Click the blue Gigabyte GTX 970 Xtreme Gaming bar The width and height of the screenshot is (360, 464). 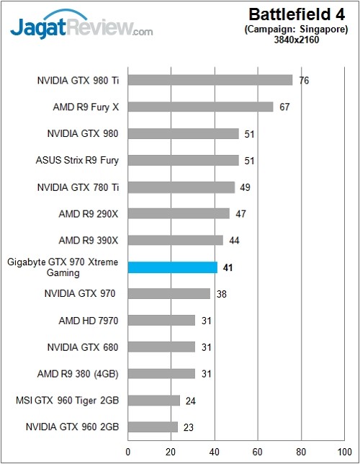click(172, 267)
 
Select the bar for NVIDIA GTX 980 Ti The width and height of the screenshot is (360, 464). click(210, 80)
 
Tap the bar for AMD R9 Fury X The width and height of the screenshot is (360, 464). click(200, 107)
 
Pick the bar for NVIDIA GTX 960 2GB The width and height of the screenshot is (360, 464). click(153, 427)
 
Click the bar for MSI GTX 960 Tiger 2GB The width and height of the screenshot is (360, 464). click(153, 400)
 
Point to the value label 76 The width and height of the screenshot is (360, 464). click(304, 80)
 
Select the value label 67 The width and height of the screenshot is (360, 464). click(284, 107)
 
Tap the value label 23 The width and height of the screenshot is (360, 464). click(189, 427)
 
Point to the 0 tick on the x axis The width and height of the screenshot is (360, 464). click(127, 452)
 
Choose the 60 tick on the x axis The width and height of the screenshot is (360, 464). click(258, 452)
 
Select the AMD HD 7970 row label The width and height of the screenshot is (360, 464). click(89, 320)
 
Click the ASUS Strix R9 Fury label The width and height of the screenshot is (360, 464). click(77, 160)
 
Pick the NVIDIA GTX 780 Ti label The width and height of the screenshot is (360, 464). click(78, 187)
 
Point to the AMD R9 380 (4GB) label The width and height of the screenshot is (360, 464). click(78, 373)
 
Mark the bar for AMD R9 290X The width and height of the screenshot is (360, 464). click(179, 213)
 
